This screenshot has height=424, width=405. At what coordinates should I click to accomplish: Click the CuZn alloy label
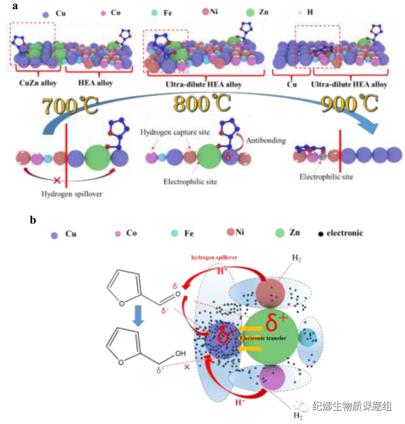36,83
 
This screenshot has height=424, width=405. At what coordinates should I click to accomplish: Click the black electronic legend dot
321,233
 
